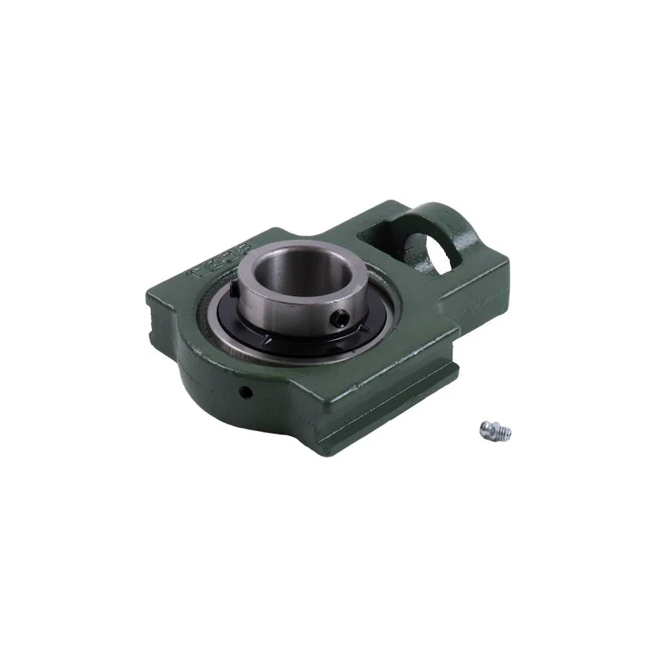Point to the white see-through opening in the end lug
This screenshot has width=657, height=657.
433,250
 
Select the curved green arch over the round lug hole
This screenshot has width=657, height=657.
448,215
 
